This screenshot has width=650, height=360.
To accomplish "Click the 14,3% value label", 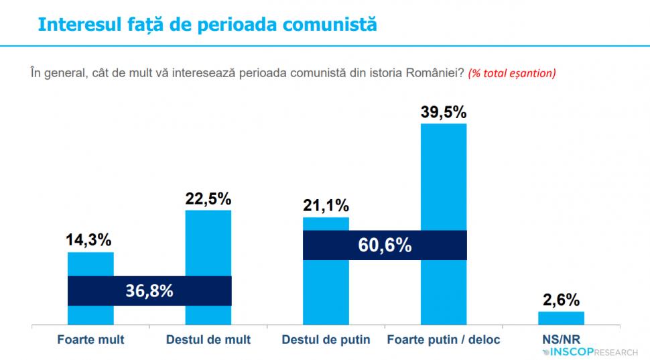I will tap(89, 240).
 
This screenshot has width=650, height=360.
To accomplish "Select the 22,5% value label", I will tap(208, 198).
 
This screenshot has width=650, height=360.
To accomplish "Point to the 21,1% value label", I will tap(326, 205).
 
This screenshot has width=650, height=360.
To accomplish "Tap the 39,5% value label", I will tap(444, 111).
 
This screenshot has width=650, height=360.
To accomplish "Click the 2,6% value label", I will tap(562, 300).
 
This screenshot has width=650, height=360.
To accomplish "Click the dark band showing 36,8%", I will tap(149, 291).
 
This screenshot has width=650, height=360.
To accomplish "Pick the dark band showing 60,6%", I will tap(385, 245).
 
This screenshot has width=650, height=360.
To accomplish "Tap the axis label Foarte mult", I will tap(90, 340).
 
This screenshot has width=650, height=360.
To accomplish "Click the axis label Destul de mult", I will tap(208, 340).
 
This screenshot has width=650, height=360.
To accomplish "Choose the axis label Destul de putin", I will tap(326, 340).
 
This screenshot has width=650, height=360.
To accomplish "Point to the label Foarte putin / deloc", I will tap(444, 340).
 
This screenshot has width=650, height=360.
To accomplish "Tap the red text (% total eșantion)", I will tap(512, 73).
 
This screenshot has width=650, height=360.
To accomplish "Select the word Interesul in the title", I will tap(74, 24).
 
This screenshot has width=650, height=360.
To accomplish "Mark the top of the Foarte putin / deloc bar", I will tap(444, 125).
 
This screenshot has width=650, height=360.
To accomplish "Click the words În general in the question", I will tap(56, 72).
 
